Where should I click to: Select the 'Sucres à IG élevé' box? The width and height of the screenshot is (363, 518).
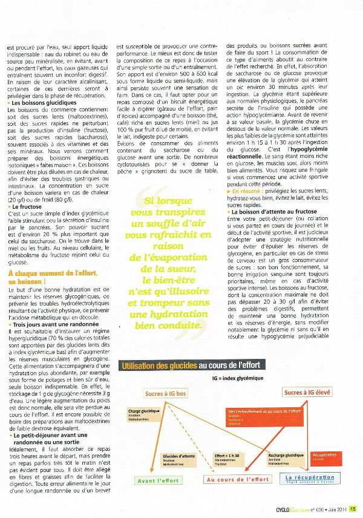(307, 393)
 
